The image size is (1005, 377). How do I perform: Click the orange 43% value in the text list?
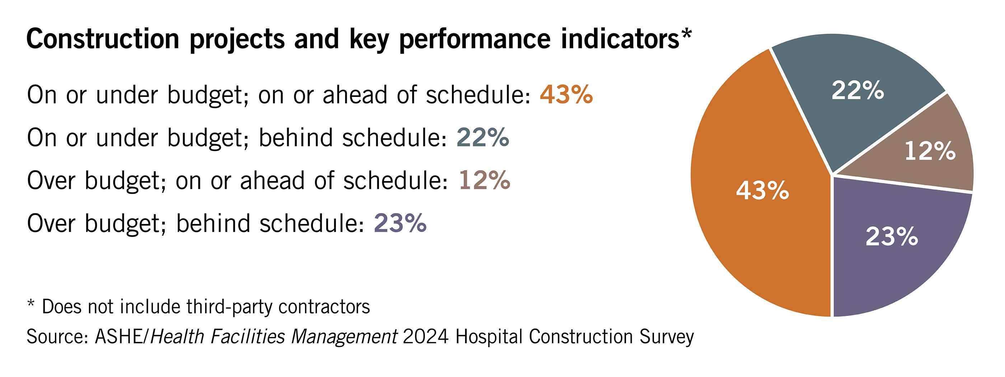[x=566, y=95]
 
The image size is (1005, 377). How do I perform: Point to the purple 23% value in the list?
[x=400, y=224]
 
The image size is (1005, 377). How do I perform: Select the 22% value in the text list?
[x=483, y=138]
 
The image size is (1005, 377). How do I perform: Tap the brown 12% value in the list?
[x=484, y=181]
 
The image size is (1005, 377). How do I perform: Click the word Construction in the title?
[x=103, y=39]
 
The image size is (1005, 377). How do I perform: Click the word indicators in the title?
[x=620, y=39]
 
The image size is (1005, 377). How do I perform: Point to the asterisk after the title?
[x=686, y=34]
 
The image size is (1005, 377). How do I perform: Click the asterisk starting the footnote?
[x=31, y=304]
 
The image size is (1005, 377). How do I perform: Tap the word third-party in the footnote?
[x=229, y=307]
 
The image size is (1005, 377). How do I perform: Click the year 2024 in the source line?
[x=425, y=337]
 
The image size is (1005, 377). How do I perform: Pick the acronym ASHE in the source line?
[x=119, y=337]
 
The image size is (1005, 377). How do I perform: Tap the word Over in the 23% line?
[x=51, y=224]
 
